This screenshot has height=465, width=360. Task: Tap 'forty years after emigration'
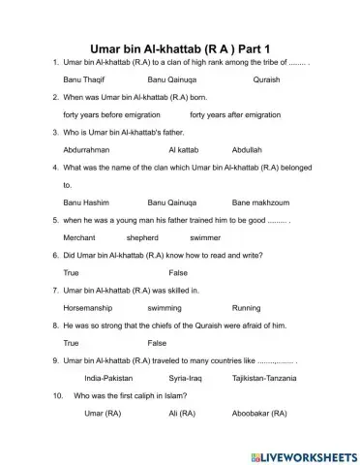pos(234,115)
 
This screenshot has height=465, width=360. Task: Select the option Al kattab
pos(184,150)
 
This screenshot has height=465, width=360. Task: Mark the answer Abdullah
pos(248,150)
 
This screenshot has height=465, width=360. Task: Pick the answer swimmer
pos(205,237)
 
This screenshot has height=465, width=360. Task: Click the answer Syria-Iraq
pos(187,378)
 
